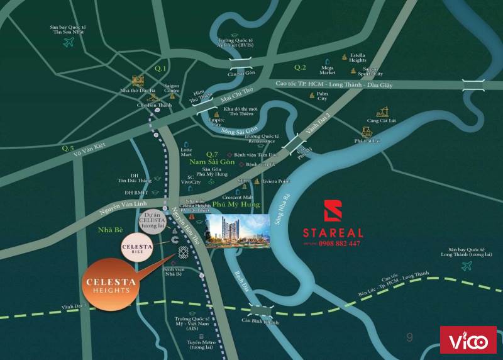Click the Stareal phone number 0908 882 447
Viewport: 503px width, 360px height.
click(340, 244)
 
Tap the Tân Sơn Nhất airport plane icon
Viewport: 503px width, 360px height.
click(70, 42)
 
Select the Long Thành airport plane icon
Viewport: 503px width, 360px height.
click(467, 266)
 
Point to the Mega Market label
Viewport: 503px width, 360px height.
click(328, 70)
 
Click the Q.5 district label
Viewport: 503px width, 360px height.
click(68, 148)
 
